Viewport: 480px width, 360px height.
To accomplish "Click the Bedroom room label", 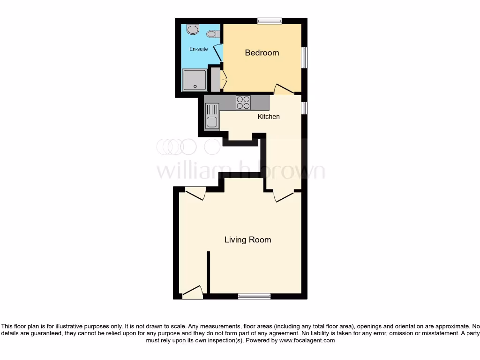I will [262, 53].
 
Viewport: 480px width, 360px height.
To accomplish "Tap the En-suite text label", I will [198, 49].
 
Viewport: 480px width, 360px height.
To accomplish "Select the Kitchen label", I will [269, 116].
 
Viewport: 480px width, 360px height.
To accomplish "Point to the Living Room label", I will [247, 240].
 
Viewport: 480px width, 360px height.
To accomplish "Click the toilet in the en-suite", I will [213, 34].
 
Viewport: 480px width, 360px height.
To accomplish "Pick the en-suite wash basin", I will [193, 30].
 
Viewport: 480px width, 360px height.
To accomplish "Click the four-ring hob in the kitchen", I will [243, 102].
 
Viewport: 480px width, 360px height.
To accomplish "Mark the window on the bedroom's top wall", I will [270, 21].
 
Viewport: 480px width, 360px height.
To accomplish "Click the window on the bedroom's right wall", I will [304, 58].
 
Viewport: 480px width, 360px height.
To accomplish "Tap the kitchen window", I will [304, 108].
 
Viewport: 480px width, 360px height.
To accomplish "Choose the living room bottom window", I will [254, 296].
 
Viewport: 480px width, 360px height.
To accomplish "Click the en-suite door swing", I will [218, 52].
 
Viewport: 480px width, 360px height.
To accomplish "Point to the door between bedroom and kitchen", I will [284, 89].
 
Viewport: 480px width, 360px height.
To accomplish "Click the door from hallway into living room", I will [284, 196].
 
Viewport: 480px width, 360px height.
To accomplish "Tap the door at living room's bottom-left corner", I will [193, 293].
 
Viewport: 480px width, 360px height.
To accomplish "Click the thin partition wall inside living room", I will [209, 272].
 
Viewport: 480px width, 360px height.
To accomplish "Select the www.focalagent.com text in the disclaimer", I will [307, 341].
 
